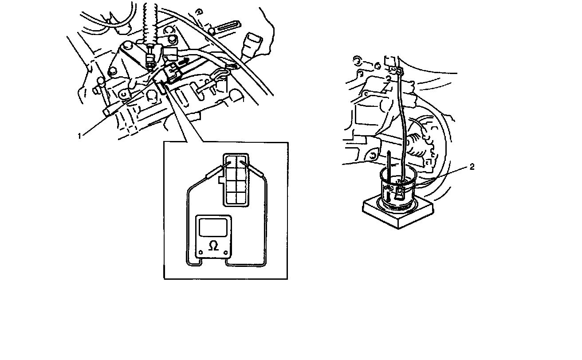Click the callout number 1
coord(79,136)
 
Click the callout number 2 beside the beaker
coord(472,167)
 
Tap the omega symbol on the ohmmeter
coord(213,246)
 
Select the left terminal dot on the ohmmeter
coord(201,252)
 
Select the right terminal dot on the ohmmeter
coord(225,252)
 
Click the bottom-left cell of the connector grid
coord(231,197)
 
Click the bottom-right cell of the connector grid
coord(241,197)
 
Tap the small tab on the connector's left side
coord(221,180)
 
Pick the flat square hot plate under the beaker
coord(398,212)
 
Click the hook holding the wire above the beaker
coord(400,70)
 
